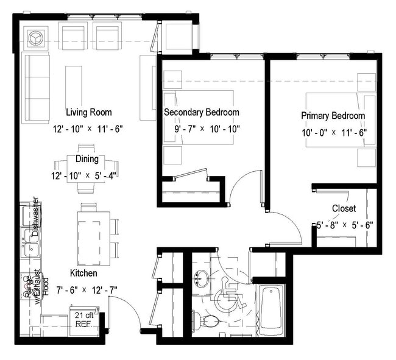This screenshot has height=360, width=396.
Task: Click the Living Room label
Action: point(89,112)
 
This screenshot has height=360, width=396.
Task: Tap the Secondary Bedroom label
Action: point(201,113)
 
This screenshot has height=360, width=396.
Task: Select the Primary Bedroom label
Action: point(333,116)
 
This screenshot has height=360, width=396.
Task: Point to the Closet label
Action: point(344,209)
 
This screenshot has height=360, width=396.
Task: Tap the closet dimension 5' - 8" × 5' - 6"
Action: point(344,225)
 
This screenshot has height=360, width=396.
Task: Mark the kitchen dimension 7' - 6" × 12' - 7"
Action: point(85,290)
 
